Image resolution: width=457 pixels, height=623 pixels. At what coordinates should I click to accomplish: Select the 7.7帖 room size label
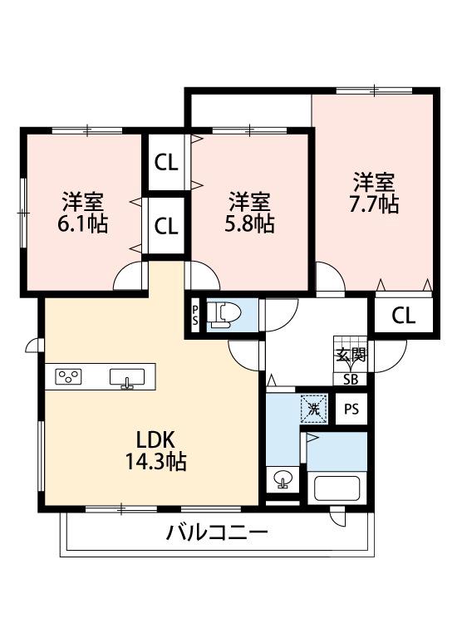(x=374, y=204)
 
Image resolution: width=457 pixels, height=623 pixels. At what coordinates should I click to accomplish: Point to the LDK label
(x=155, y=439)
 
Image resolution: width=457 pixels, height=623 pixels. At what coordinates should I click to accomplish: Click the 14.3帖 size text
(x=155, y=462)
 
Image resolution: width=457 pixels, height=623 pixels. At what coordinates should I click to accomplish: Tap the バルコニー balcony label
(x=217, y=532)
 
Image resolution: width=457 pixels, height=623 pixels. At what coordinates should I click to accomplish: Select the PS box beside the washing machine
(x=352, y=409)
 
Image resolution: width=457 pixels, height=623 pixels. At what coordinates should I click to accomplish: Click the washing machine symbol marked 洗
(x=312, y=408)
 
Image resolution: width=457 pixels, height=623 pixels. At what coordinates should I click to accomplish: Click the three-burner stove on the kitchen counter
(x=69, y=377)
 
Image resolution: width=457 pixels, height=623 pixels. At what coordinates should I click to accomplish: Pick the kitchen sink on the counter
(x=127, y=378)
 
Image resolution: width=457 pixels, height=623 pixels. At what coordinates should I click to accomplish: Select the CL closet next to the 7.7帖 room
(x=403, y=315)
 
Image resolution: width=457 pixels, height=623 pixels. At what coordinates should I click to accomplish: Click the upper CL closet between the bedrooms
(x=167, y=163)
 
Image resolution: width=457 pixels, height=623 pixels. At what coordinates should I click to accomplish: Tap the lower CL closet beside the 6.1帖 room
(x=167, y=225)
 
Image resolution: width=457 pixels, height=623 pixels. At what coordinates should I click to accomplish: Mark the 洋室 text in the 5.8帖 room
(x=249, y=202)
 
